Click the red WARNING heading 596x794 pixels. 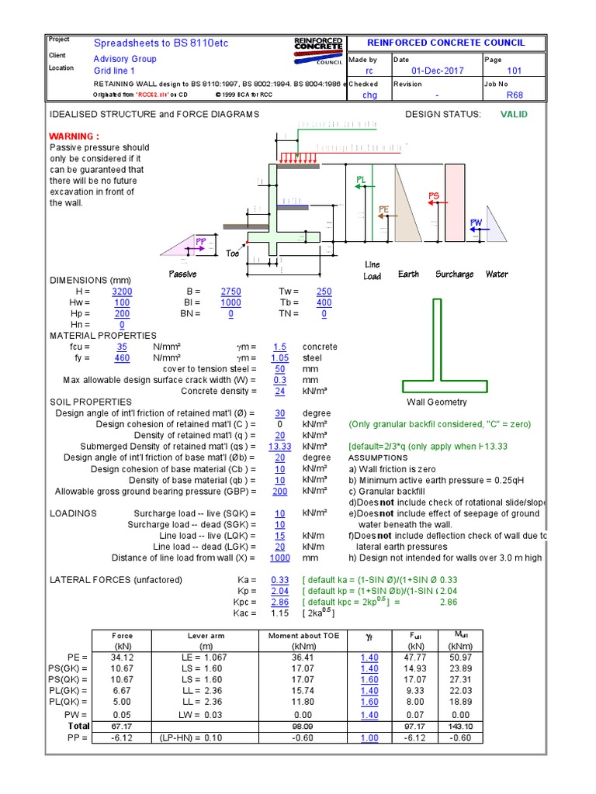click(x=74, y=136)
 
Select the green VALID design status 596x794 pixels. click(x=513, y=114)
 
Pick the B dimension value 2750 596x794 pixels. click(x=230, y=292)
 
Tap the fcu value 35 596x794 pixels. click(x=121, y=347)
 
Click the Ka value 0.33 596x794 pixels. click(x=279, y=580)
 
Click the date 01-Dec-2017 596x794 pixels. click(x=438, y=71)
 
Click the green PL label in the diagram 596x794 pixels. click(x=361, y=180)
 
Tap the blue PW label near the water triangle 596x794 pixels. click(x=476, y=223)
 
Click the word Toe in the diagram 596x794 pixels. click(x=233, y=254)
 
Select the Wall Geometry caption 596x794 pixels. click(x=437, y=402)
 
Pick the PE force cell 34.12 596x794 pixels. click(x=122, y=658)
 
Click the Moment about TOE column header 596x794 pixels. click(x=292, y=636)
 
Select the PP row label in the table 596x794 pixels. click(x=78, y=738)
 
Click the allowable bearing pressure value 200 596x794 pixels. click(x=279, y=492)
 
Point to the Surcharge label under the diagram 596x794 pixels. click(x=454, y=274)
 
